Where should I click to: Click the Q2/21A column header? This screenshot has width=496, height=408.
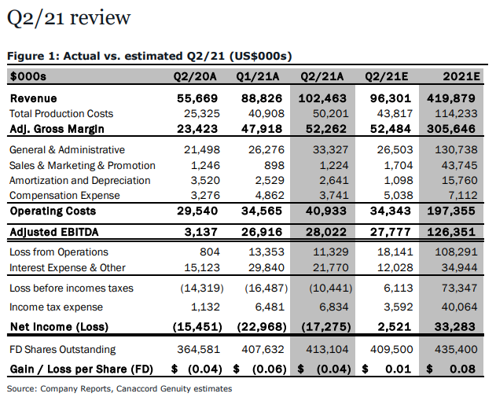click(x=321, y=76)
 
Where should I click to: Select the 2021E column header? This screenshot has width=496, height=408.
click(x=461, y=76)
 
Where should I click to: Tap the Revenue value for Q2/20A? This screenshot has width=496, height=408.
click(x=197, y=98)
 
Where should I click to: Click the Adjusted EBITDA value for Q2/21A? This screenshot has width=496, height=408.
click(x=325, y=232)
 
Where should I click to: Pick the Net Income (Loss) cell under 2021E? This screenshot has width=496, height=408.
click(x=454, y=326)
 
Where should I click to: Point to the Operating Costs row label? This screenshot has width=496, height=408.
click(x=53, y=211)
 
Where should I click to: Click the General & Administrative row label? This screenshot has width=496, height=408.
click(x=67, y=149)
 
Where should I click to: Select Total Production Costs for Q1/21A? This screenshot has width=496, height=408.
click(x=266, y=113)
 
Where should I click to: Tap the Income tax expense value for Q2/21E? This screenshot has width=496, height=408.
click(x=399, y=307)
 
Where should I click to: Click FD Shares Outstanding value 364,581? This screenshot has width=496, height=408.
click(x=198, y=349)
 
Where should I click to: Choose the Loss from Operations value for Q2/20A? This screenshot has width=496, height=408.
click(x=209, y=252)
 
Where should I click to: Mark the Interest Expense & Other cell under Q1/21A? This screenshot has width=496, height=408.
click(x=266, y=267)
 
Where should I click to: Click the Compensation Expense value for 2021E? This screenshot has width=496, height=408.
click(x=463, y=196)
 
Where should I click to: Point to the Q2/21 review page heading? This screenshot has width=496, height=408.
click(x=68, y=18)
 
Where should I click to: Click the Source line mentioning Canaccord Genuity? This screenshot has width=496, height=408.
click(x=119, y=388)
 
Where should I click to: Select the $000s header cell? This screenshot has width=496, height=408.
click(x=28, y=76)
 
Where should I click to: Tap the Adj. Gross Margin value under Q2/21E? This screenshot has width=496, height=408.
click(x=391, y=129)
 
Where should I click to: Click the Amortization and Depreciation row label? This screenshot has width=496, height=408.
click(x=79, y=180)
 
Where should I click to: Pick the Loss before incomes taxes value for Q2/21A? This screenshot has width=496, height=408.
click(x=331, y=289)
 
